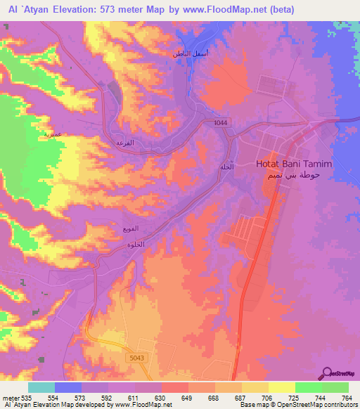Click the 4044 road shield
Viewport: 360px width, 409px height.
(221, 123)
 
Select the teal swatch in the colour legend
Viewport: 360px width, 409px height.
(41, 387)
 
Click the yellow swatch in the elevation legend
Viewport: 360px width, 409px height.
(282, 387)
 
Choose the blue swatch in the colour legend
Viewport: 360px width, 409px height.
(68, 387)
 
